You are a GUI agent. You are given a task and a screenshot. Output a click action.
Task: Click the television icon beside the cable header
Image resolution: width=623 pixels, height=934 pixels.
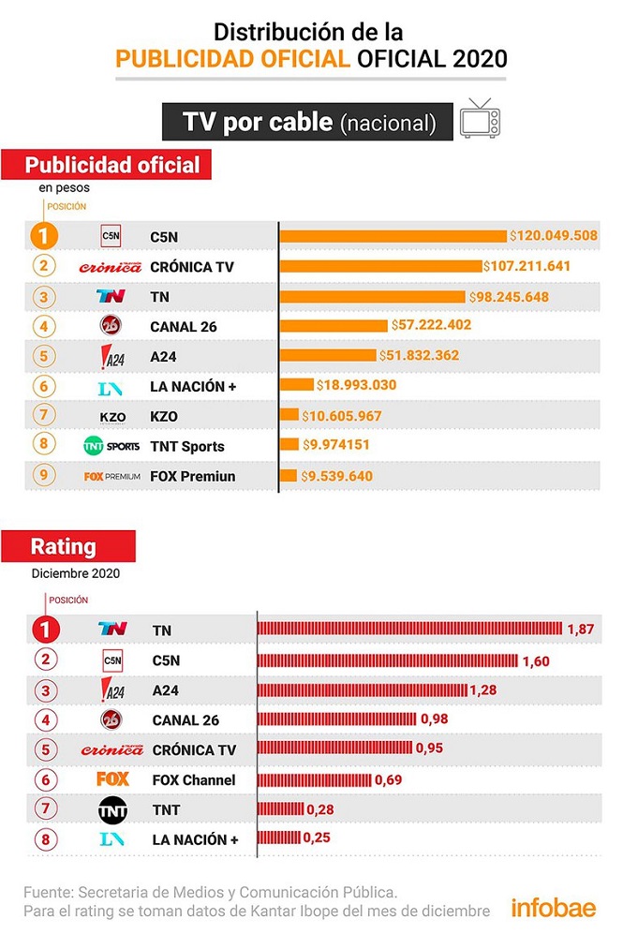click(480, 119)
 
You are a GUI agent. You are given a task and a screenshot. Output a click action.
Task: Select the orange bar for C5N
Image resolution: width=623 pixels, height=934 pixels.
click(393, 236)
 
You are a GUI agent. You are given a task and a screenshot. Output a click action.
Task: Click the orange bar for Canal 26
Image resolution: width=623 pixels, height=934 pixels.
click(334, 325)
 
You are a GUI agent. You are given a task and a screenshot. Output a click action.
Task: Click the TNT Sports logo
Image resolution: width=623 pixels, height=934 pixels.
click(111, 446)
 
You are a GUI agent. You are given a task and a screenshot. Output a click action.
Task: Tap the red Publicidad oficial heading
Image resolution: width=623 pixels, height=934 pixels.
click(112, 166)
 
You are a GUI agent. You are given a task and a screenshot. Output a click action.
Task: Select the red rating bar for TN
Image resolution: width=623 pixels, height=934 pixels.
click(409, 628)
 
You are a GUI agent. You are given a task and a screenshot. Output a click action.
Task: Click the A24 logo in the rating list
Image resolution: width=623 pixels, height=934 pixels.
click(111, 690)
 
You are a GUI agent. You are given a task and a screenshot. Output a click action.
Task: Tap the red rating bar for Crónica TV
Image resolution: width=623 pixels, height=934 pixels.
click(335, 749)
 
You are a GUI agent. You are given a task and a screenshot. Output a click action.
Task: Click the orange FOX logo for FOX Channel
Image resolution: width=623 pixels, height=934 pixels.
click(112, 779)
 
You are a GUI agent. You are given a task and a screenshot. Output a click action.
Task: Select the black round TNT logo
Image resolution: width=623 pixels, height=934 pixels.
click(112, 809)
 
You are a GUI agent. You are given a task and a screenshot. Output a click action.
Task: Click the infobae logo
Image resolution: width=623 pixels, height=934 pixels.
click(553, 907)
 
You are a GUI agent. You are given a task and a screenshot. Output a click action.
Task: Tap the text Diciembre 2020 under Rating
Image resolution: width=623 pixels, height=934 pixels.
click(74, 573)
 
